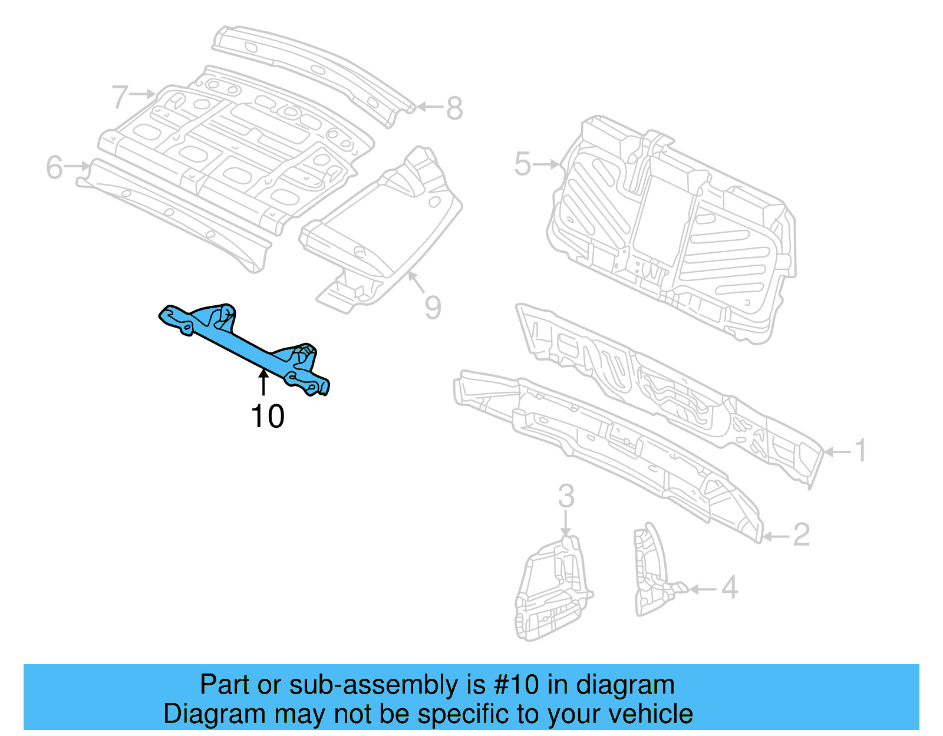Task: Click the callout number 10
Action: [x=268, y=417]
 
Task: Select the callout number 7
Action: [x=120, y=97]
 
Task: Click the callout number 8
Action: [x=454, y=108]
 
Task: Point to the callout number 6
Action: [x=54, y=167]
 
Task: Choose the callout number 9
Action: [x=433, y=308]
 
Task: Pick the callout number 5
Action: [x=522, y=164]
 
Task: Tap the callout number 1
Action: [x=861, y=451]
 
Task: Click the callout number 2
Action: [x=801, y=535]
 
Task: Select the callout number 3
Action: [x=566, y=496]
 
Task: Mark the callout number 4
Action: [x=730, y=588]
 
